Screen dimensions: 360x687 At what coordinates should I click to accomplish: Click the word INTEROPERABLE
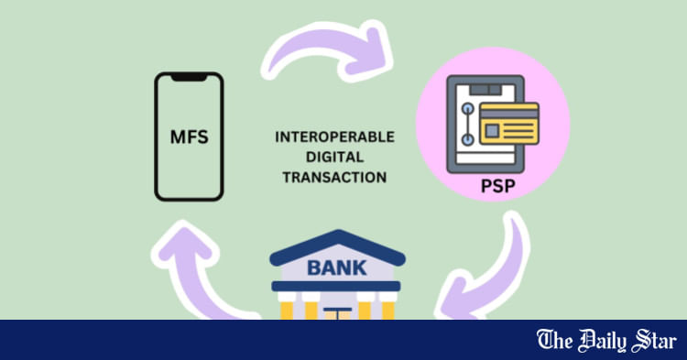click(x=335, y=136)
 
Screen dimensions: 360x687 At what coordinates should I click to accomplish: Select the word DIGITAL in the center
click(x=335, y=157)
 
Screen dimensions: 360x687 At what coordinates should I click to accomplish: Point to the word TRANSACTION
click(x=335, y=177)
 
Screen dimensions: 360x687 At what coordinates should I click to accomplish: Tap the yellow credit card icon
click(x=509, y=126)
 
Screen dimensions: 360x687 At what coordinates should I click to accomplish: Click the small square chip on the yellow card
click(x=493, y=131)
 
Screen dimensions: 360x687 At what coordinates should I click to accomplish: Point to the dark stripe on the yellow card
click(x=509, y=114)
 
